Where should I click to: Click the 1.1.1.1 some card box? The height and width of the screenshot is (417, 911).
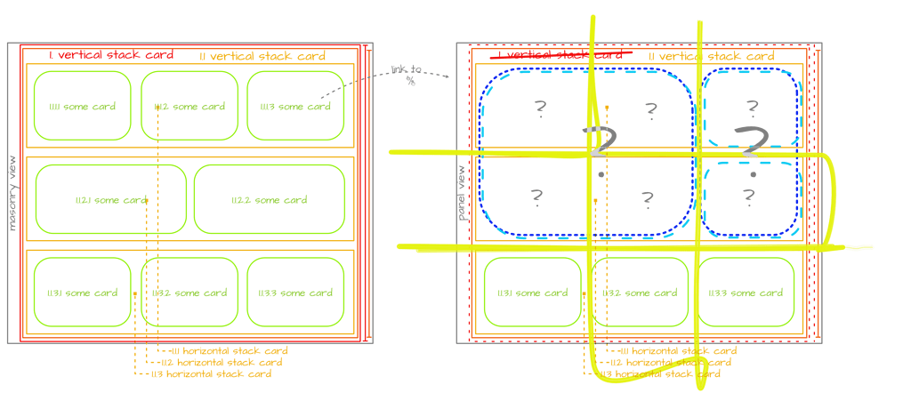[x=81, y=107]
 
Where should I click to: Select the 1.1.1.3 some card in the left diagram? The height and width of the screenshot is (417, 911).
[x=295, y=107]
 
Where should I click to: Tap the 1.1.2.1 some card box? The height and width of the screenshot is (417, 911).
[x=111, y=200]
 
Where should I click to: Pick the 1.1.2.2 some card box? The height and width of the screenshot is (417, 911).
[x=270, y=200]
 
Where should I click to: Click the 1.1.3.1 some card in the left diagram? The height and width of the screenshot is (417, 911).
[x=82, y=293]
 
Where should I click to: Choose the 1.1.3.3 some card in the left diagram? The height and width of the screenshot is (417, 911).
[x=295, y=293]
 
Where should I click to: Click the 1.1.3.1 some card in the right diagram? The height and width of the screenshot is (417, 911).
[x=531, y=293]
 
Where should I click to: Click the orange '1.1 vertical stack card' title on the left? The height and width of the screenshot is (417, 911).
[x=262, y=56]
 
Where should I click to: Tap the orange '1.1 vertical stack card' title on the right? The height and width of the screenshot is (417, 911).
[x=711, y=56]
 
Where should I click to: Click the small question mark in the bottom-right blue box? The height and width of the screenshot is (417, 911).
[x=748, y=196]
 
